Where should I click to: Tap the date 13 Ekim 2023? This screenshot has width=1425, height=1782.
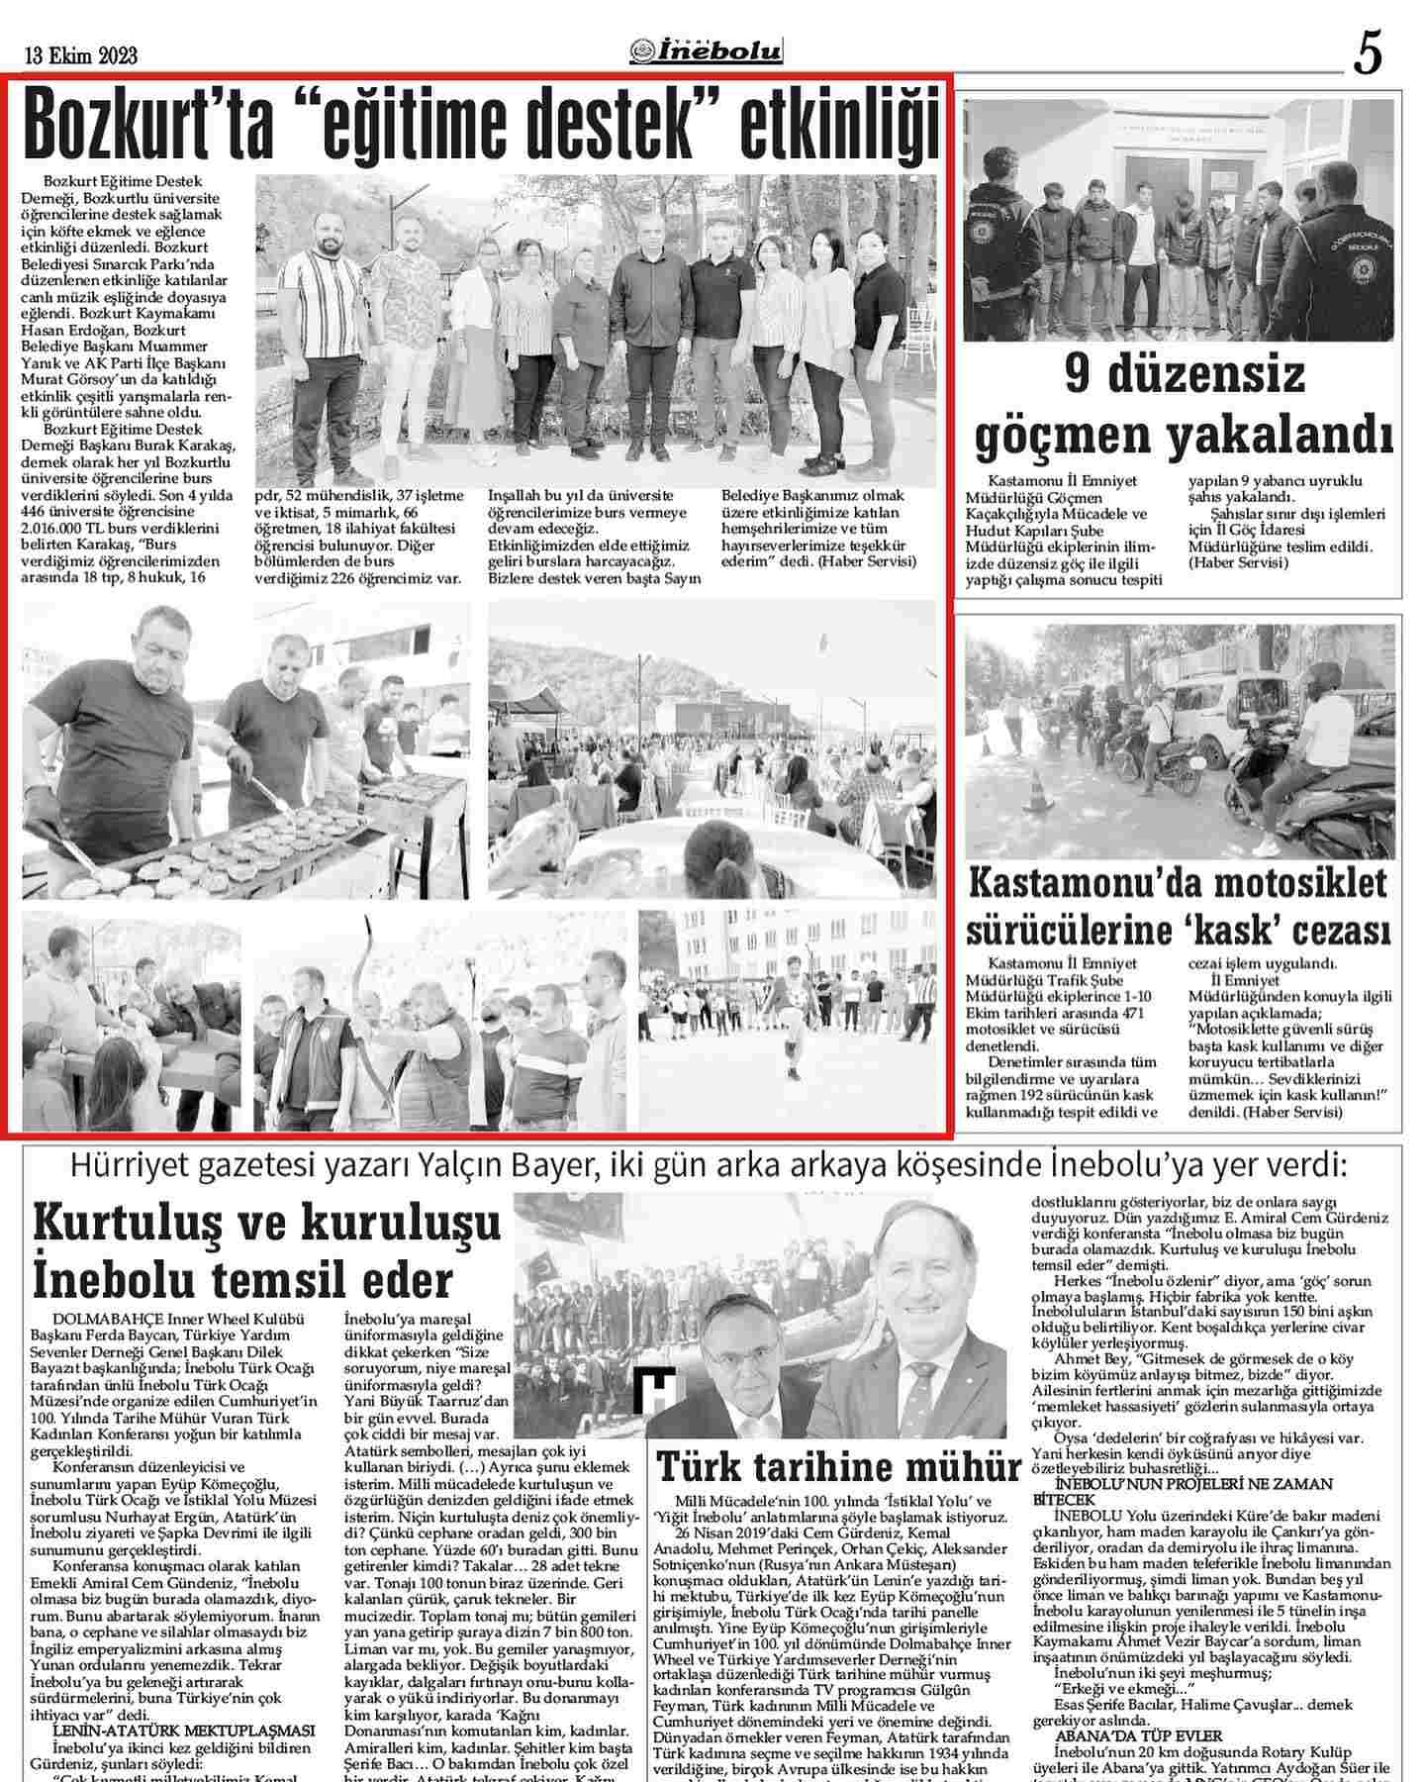(81, 56)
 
